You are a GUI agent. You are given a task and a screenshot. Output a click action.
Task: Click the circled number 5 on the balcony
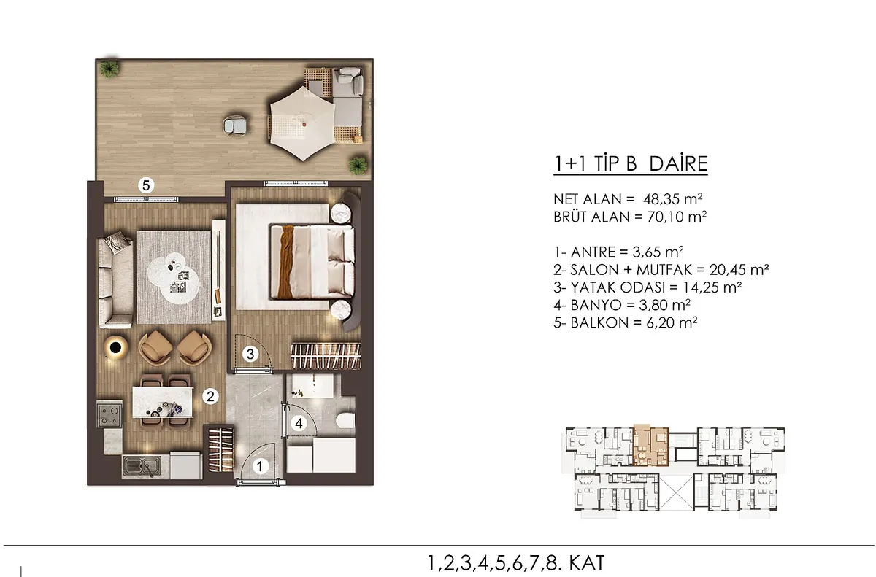146,185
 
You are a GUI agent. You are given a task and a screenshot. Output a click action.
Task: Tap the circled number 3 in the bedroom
250,355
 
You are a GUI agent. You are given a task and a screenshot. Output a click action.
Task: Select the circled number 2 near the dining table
210,397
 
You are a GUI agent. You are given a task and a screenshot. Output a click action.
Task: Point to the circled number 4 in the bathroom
299,423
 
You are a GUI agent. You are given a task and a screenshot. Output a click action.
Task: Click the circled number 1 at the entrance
259,466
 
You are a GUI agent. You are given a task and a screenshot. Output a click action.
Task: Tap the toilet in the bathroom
345,421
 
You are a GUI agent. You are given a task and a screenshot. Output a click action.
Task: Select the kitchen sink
141,466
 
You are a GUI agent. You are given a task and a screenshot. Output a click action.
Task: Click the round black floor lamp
116,347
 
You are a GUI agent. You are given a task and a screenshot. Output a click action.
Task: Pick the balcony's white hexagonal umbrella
303,123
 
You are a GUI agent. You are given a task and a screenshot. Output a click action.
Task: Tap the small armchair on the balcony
234,125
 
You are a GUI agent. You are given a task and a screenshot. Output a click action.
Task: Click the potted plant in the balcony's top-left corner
109,69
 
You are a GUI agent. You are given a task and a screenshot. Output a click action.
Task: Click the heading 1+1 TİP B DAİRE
631,164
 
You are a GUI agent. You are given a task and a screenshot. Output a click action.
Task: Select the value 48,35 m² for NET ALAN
673,199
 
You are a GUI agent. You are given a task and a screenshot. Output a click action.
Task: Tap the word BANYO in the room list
596,305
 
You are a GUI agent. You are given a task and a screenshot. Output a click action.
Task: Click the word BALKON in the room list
600,322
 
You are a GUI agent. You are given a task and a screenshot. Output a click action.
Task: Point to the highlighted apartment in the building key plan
650,446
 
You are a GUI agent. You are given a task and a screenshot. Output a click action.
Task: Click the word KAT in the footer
587,563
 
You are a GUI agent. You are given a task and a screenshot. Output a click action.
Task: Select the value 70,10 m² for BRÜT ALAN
677,217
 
